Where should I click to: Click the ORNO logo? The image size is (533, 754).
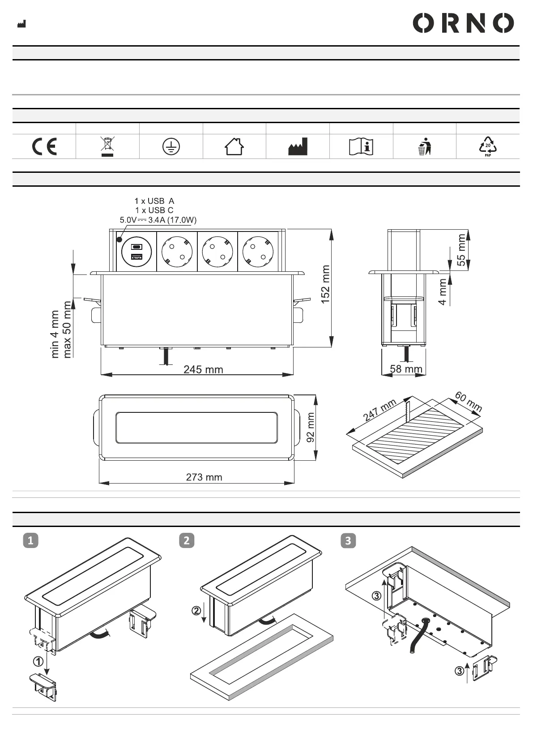coord(463,23)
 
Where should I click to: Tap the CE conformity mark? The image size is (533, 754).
coord(44,146)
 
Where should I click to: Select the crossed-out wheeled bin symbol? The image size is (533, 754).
coord(107,146)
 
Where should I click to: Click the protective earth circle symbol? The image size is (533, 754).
coord(171,147)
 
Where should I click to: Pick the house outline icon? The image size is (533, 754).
coord(234,146)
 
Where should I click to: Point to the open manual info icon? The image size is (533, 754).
coord(361,146)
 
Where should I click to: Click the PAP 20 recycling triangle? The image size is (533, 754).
coord(488,146)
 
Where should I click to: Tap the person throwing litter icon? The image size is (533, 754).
coord(425,146)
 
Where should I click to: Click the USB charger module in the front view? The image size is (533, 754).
coord(136,251)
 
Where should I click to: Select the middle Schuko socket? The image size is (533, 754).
coord(217,251)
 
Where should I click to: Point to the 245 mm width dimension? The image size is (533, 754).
coord(203,369)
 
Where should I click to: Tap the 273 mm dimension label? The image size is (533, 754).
coord(204,477)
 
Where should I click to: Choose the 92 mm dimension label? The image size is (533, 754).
coord(310,428)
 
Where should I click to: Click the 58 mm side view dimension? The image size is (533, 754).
coord(406,369)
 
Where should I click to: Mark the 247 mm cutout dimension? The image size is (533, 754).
coord(379,410)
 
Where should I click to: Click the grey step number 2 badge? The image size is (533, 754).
coord(187,540)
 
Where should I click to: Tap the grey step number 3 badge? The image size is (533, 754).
coord(348,540)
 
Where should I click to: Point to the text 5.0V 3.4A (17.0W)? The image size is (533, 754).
coord(158,220)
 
